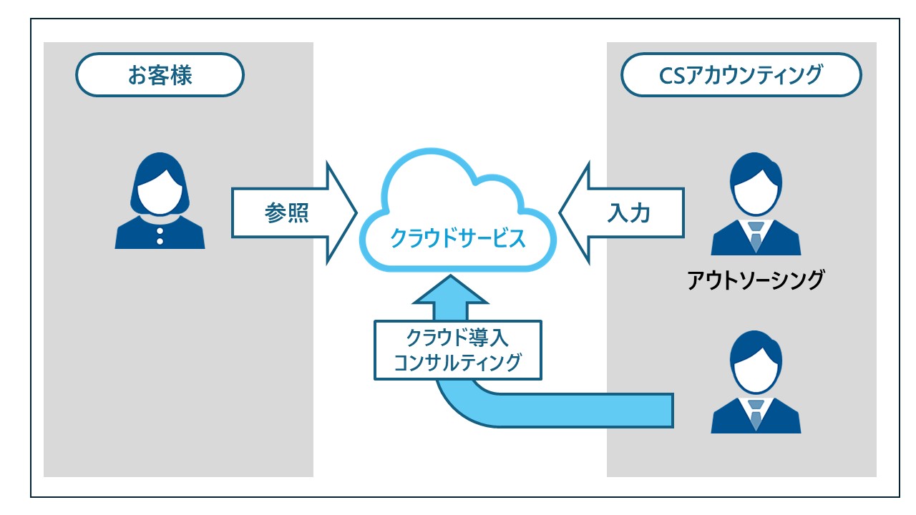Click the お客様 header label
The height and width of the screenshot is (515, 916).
160,75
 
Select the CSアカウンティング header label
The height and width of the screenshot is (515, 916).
741,75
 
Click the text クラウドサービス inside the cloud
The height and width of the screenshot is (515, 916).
457,237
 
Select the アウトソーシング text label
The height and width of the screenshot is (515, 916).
756,280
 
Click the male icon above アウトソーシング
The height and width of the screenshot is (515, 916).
756,207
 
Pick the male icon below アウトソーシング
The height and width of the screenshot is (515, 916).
756,386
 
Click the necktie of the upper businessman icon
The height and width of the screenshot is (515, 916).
756,236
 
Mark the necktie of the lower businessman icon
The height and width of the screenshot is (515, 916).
756,414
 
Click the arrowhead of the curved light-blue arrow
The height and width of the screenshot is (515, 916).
449,293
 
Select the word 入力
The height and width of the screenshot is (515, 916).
629,214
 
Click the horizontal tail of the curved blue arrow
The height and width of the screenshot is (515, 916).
587,410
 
